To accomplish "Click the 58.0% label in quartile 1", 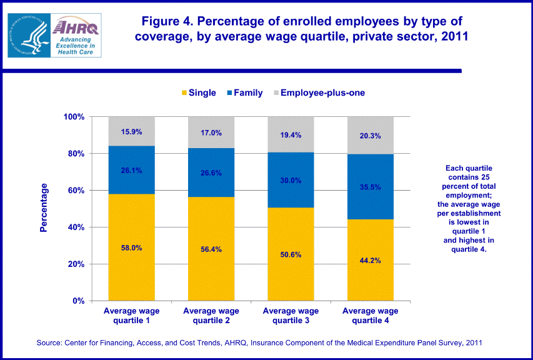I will (131, 247).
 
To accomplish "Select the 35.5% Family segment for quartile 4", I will (371, 186).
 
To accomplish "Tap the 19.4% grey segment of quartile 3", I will (291, 134).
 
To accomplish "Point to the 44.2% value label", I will (371, 261).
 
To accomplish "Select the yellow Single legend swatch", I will (184, 93).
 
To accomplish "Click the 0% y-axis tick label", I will (79, 301).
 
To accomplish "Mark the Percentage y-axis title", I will (44, 207).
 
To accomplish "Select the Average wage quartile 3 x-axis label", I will (291, 316).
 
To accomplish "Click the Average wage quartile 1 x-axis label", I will (131, 316).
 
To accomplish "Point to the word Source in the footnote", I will (51, 343).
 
